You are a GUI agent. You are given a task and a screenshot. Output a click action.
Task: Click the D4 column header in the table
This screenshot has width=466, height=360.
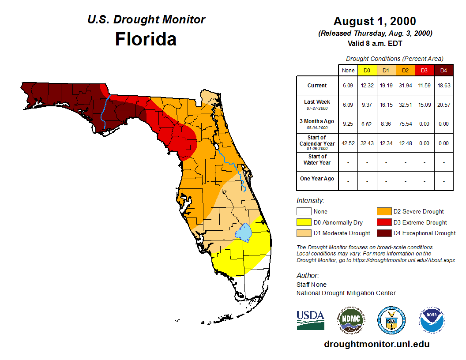(x=444, y=70)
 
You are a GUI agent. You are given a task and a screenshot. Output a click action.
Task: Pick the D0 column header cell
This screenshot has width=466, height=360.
(x=367, y=70)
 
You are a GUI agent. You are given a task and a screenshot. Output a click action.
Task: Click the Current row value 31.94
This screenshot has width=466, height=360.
(x=406, y=86)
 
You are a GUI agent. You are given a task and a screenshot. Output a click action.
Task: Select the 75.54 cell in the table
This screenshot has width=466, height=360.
(x=406, y=124)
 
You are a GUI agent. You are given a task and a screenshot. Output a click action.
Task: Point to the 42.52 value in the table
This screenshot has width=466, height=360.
(x=348, y=143)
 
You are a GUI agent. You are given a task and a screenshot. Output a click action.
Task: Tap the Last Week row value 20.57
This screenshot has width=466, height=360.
(x=444, y=105)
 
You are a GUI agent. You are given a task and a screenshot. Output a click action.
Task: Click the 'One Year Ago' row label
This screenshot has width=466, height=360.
(x=317, y=179)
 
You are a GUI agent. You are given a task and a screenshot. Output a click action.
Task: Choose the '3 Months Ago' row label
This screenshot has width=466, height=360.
(x=317, y=121)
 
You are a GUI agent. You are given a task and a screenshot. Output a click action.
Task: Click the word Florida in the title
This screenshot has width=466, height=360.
(x=146, y=39)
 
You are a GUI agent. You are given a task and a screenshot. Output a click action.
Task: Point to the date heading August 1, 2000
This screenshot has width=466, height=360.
(x=375, y=21)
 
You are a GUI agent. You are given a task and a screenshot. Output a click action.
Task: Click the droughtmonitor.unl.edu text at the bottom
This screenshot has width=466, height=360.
(x=376, y=344)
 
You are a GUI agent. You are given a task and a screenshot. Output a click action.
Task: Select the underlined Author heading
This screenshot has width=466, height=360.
(x=308, y=276)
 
